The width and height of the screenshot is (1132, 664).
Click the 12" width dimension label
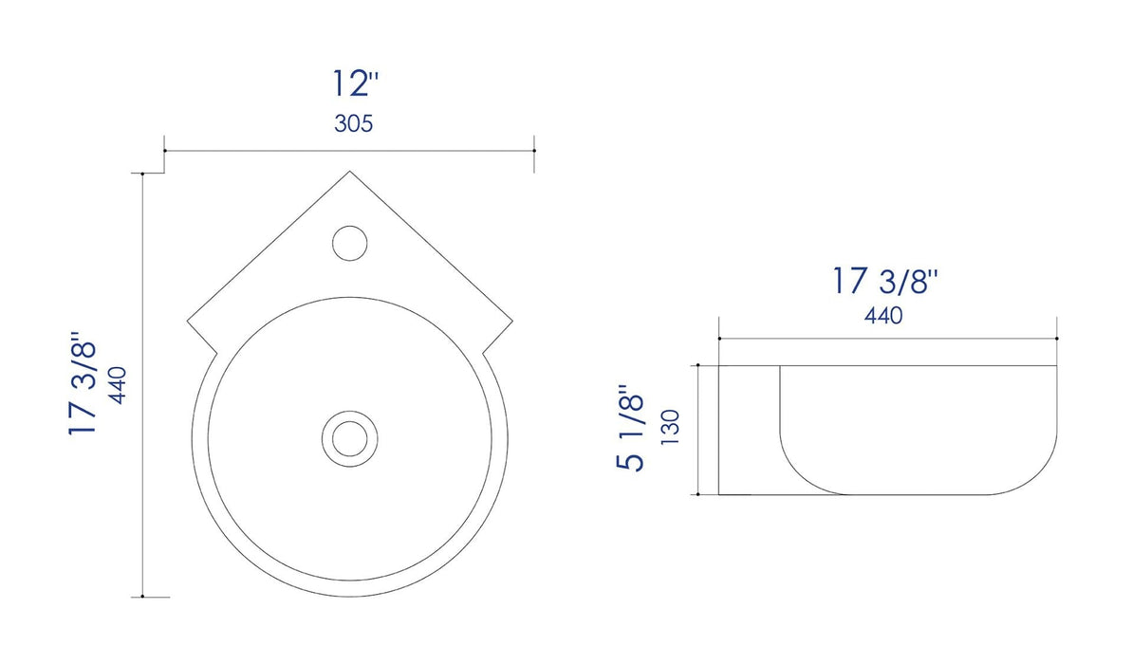pyautogui.click(x=355, y=84)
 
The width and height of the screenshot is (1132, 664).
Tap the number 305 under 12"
pyautogui.click(x=353, y=124)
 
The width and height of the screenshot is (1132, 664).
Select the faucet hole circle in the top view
pyautogui.click(x=350, y=243)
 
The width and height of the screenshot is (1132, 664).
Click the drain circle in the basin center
pyautogui.click(x=349, y=437)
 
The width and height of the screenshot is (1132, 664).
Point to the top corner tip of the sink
pyautogui.click(x=350, y=172)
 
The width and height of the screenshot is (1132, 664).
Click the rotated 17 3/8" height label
pyautogui.click(x=84, y=384)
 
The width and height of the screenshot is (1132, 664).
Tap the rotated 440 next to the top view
pyautogui.click(x=120, y=385)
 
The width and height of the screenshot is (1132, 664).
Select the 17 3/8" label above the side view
pyautogui.click(x=886, y=281)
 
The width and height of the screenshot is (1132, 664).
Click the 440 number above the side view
pyautogui.click(x=882, y=316)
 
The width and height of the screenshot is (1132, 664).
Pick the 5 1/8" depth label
pyautogui.click(x=631, y=428)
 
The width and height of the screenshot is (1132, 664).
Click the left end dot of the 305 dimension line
pyautogui.click(x=165, y=151)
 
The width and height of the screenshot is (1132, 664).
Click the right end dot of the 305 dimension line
pyautogui.click(x=534, y=151)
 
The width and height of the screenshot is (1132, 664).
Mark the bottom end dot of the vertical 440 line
pyautogui.click(x=142, y=597)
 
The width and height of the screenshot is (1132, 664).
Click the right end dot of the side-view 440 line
pyautogui.click(x=1057, y=339)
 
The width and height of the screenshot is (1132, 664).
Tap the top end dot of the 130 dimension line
pyautogui.click(x=699, y=364)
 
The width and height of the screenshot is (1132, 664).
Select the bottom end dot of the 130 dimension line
pyautogui.click(x=699, y=494)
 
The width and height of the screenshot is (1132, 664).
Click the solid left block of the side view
pyautogui.click(x=749, y=429)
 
